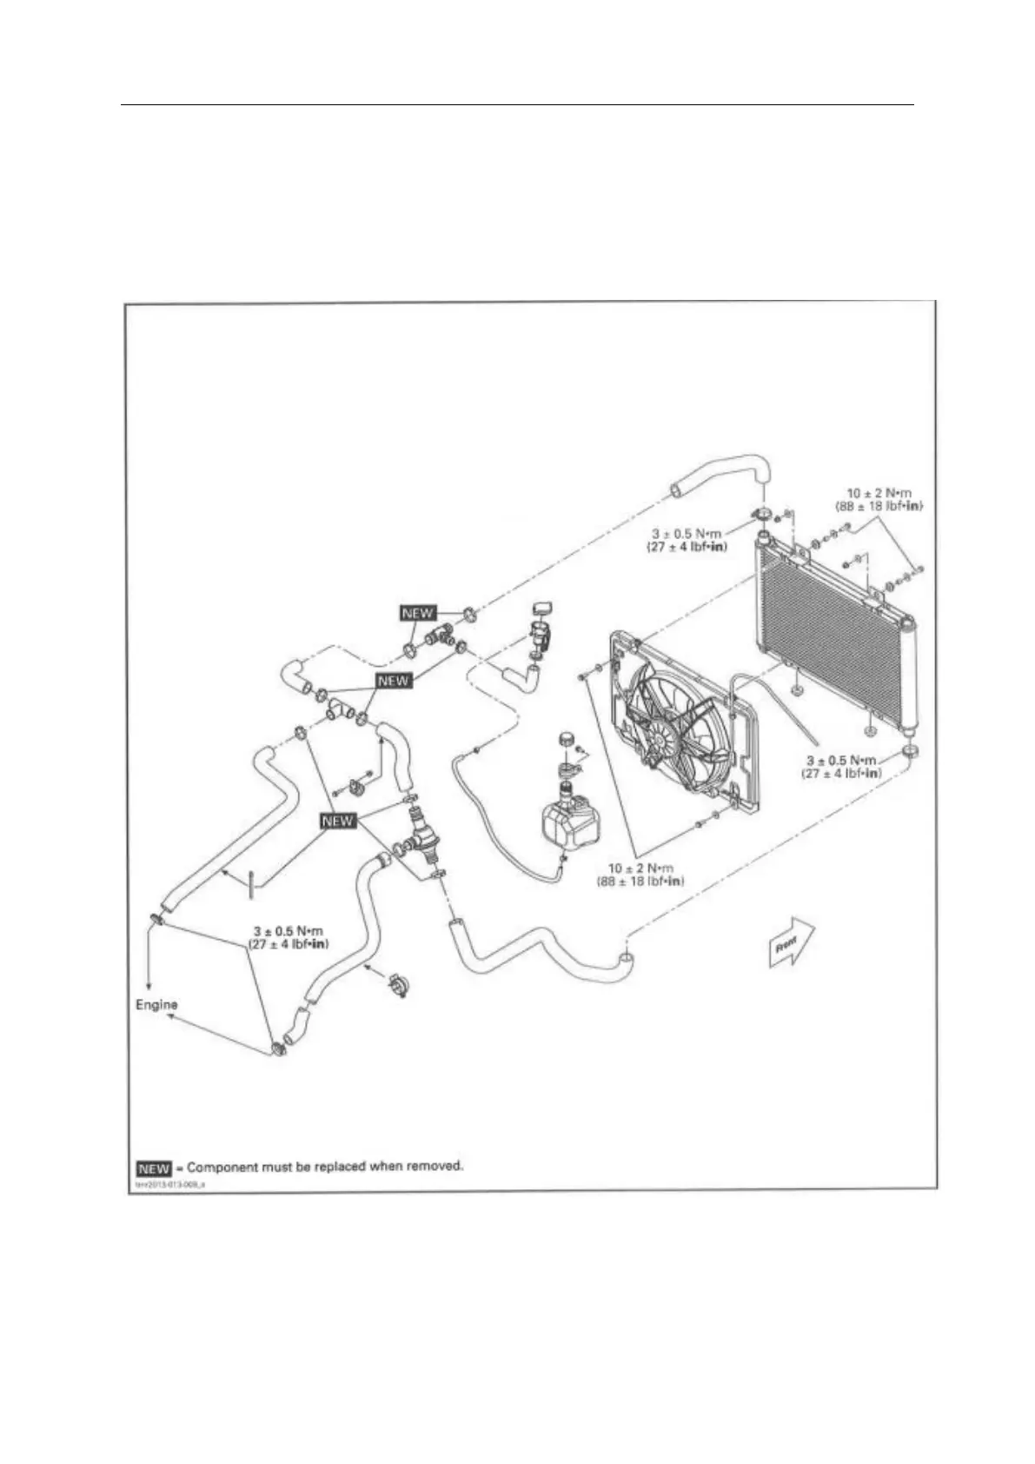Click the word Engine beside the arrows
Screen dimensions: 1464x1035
click(x=156, y=1005)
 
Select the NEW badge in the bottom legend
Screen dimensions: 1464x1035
click(x=154, y=1168)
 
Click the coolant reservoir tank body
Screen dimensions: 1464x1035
click(x=569, y=822)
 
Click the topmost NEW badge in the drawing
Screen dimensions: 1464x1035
click(x=417, y=613)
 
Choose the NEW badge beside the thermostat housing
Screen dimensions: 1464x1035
click(x=338, y=820)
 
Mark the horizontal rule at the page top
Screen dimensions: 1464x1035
click(x=517, y=106)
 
